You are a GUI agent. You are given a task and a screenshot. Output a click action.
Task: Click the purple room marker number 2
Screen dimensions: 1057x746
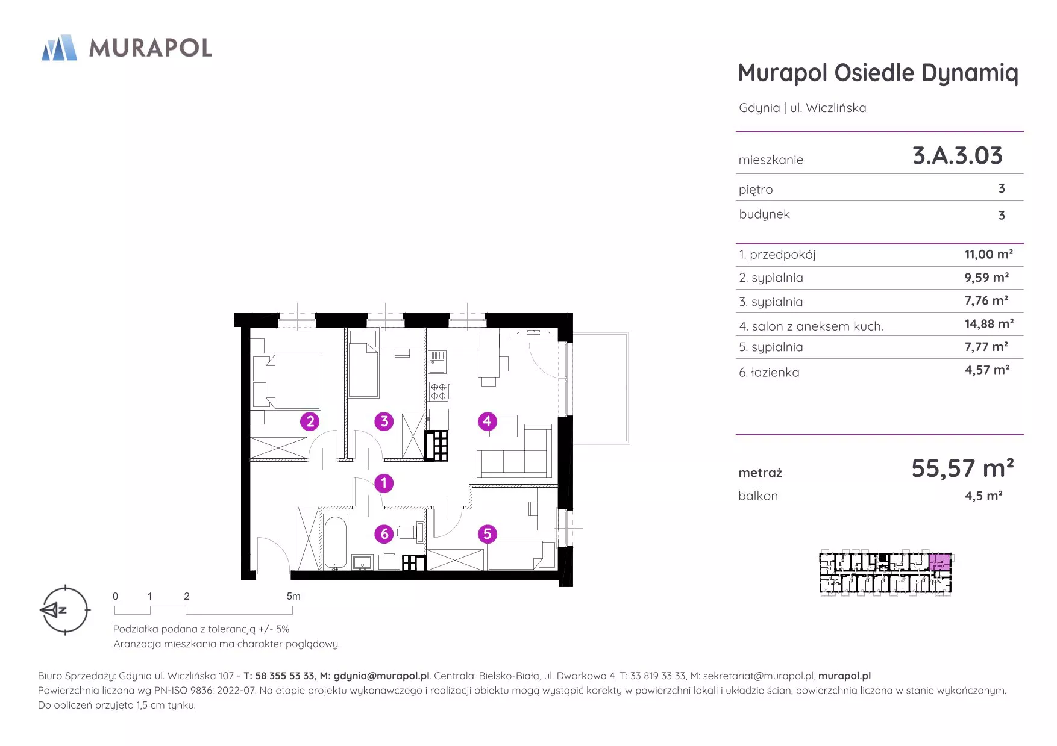pyautogui.click(x=310, y=421)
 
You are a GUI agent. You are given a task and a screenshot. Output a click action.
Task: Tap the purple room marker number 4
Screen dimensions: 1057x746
pyautogui.click(x=487, y=421)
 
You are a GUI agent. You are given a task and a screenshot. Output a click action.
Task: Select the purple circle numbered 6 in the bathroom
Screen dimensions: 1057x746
pyautogui.click(x=384, y=534)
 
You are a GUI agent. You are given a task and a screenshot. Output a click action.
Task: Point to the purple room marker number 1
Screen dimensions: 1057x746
pyautogui.click(x=384, y=483)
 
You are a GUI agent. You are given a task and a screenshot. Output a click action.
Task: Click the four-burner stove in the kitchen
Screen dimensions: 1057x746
pyautogui.click(x=438, y=391)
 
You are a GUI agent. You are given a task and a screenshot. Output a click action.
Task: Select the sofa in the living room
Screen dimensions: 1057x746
pyautogui.click(x=515, y=452)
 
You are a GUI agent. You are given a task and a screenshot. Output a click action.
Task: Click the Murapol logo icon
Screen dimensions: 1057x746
pyautogui.click(x=59, y=48)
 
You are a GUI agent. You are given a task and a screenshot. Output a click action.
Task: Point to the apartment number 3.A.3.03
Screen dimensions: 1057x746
pyautogui.click(x=958, y=156)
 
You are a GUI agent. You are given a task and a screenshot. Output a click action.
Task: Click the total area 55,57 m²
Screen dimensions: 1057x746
pyautogui.click(x=962, y=468)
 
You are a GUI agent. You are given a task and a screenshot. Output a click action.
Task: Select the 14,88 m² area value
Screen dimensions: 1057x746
pyautogui.click(x=989, y=324)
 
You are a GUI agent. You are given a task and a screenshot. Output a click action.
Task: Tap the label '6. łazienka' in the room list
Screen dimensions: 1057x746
pyautogui.click(x=769, y=373)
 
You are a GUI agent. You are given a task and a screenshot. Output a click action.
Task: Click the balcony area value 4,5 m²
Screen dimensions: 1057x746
pyautogui.click(x=983, y=496)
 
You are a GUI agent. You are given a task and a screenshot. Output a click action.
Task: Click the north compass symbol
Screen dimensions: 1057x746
pyautogui.click(x=64, y=610)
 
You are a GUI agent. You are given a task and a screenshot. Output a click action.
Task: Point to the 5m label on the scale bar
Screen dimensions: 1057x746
pyautogui.click(x=293, y=596)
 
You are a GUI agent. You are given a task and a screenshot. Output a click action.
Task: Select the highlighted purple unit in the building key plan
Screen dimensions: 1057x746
pyautogui.click(x=939, y=562)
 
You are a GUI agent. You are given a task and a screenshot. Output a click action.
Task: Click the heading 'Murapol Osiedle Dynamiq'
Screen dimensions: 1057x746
pyautogui.click(x=878, y=73)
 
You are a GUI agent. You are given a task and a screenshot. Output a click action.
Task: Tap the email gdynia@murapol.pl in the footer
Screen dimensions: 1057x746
pyautogui.click(x=381, y=676)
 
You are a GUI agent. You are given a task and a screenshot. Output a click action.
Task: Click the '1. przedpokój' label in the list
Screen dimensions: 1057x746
pyautogui.click(x=777, y=255)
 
